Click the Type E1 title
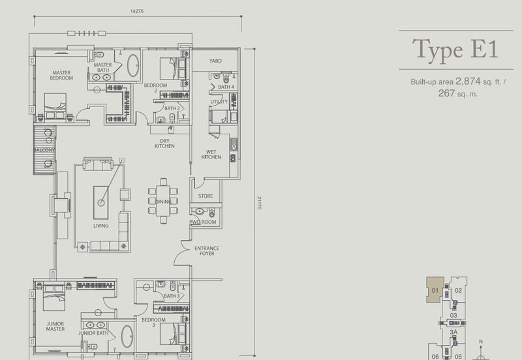pyautogui.click(x=455, y=50)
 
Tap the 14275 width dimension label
pyautogui.click(x=137, y=11)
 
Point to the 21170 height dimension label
pyautogui.click(x=259, y=203)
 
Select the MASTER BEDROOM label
pyautogui.click(x=61, y=75)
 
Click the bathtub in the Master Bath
pyautogui.click(x=133, y=65)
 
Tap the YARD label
pyautogui.click(x=215, y=61)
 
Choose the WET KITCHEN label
pyautogui.click(x=211, y=155)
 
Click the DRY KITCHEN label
pyautogui.click(x=164, y=143)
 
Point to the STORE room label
pyautogui.click(x=206, y=196)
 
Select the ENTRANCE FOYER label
pyautogui.click(x=207, y=251)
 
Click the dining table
pyautogui.click(x=163, y=201)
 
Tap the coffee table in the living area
pyautogui.click(x=101, y=203)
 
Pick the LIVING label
pyautogui.click(x=101, y=226)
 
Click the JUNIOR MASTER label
pyautogui.click(x=55, y=326)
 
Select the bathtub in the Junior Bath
pyautogui.click(x=127, y=337)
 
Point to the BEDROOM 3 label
pyautogui.click(x=153, y=322)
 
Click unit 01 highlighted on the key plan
pyautogui.click(x=435, y=290)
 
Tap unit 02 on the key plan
pyautogui.click(x=459, y=290)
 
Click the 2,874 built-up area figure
pyautogui.click(x=468, y=81)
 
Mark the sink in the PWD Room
pyautogui.click(x=199, y=211)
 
